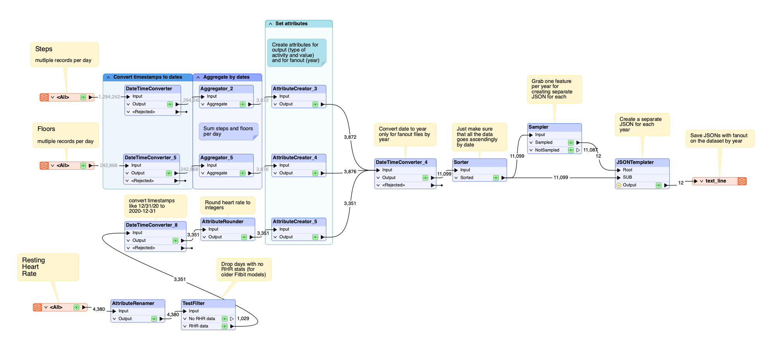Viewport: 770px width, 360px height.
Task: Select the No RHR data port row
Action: tap(202, 319)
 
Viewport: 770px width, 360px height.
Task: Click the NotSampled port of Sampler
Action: tap(547, 150)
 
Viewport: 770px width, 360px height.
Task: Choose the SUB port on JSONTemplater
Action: tap(627, 177)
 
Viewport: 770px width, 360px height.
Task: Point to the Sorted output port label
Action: tap(467, 177)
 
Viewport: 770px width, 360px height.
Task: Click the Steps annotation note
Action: tap(64, 54)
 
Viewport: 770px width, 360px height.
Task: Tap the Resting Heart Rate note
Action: tap(48, 267)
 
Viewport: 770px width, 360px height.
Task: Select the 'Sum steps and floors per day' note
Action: tap(228, 131)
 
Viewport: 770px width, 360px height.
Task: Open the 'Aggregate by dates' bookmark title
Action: tap(227, 77)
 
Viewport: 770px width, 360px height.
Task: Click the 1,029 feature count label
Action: tap(243, 319)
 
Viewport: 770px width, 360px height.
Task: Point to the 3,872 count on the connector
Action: tap(350, 137)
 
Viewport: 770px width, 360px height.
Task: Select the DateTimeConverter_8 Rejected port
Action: tap(144, 248)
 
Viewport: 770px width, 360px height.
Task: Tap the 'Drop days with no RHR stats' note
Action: tap(244, 269)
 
